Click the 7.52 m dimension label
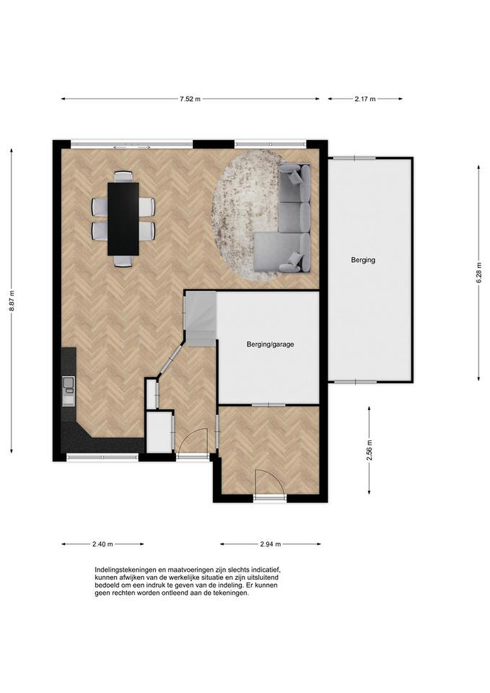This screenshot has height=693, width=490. (x=190, y=99)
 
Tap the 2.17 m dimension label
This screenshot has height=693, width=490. (x=365, y=99)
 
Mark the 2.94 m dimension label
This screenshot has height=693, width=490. (x=270, y=544)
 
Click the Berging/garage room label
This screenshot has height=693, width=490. (x=270, y=344)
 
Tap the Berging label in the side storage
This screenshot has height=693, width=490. (x=363, y=260)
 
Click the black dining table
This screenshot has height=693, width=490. (x=123, y=219)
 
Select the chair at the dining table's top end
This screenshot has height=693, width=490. (x=123, y=177)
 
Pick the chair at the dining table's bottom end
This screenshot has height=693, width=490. (x=123, y=261)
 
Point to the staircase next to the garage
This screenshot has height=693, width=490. (x=201, y=318)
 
